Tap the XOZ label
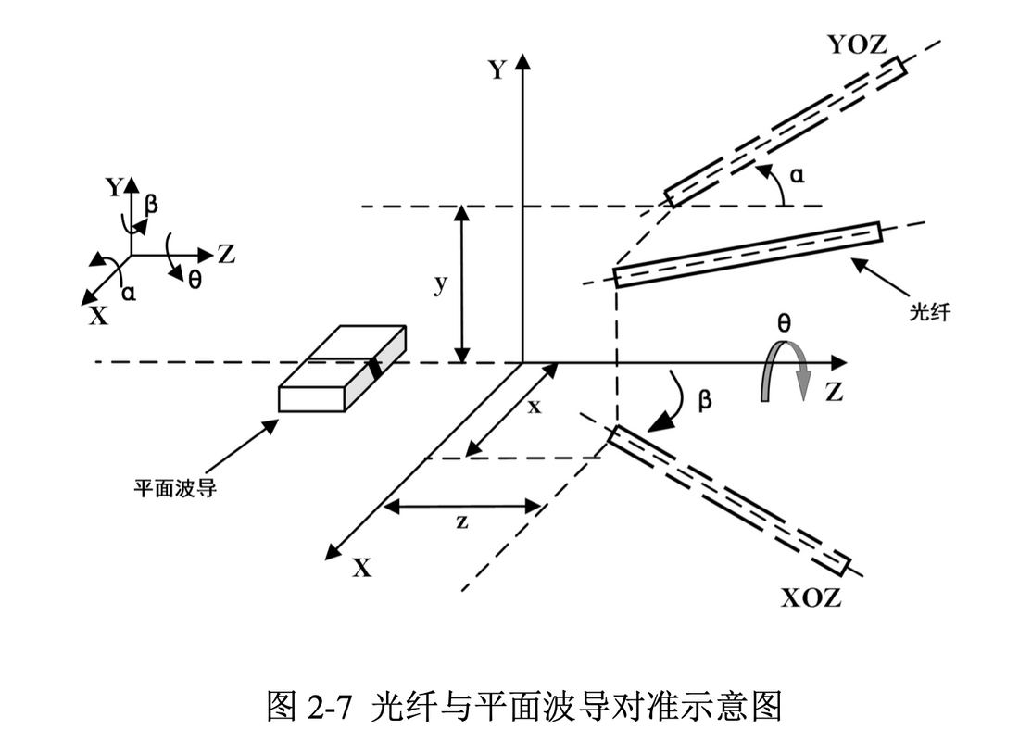pos(811,598)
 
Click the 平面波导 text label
pos(175,486)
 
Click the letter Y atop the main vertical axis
pos(497,70)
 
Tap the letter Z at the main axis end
pos(834,393)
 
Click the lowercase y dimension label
pos(441,285)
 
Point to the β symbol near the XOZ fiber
pos(704,401)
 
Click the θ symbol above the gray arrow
pos(785,323)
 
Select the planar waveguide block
pos(340,368)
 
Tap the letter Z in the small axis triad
pos(225,253)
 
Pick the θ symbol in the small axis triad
pos(195,279)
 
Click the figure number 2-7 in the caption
pos(329,707)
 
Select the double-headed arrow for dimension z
pos(461,506)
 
